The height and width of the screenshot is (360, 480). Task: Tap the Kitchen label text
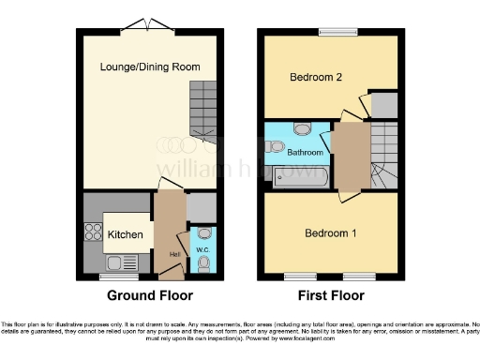125,234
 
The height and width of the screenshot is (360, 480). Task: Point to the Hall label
174,253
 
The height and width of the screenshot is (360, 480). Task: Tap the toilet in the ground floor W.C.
205,265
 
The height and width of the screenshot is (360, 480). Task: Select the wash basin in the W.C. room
205,233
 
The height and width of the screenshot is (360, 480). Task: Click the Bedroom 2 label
316,77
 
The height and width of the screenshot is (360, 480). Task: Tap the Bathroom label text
306,152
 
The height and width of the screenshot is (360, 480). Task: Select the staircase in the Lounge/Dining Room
202,108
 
